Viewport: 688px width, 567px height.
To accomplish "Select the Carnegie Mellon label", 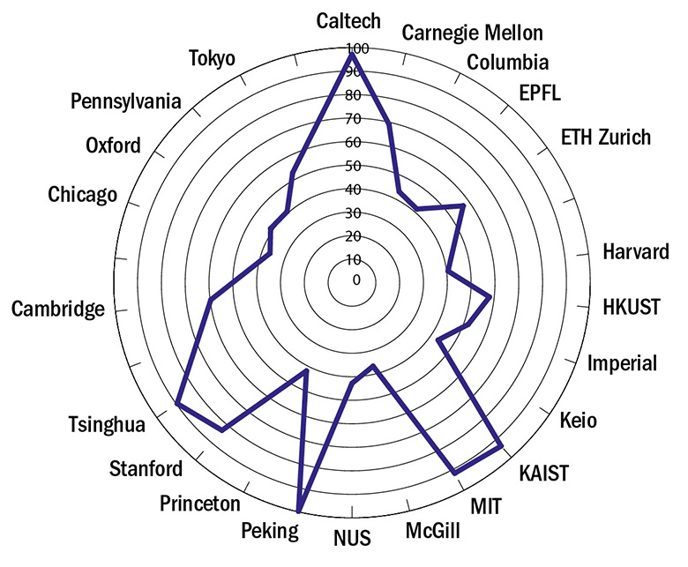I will point(473,34).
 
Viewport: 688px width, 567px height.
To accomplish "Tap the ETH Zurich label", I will point(606,137).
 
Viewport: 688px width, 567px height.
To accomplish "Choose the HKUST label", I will point(631,307).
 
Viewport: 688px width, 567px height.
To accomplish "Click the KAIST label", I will point(544,473).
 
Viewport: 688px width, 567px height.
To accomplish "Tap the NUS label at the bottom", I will point(353,537).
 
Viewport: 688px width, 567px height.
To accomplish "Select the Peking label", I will point(269,531).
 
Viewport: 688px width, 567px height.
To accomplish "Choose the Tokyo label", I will point(212,59).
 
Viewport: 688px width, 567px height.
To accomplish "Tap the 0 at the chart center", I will point(355,281).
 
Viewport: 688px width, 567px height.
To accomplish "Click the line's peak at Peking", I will point(299,511).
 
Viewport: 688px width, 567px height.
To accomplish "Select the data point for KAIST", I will point(502,447).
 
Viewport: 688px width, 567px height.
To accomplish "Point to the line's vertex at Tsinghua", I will point(177,404).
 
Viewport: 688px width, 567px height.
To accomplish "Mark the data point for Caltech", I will point(351,55).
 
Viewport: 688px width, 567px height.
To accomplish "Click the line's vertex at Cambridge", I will point(210,302).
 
